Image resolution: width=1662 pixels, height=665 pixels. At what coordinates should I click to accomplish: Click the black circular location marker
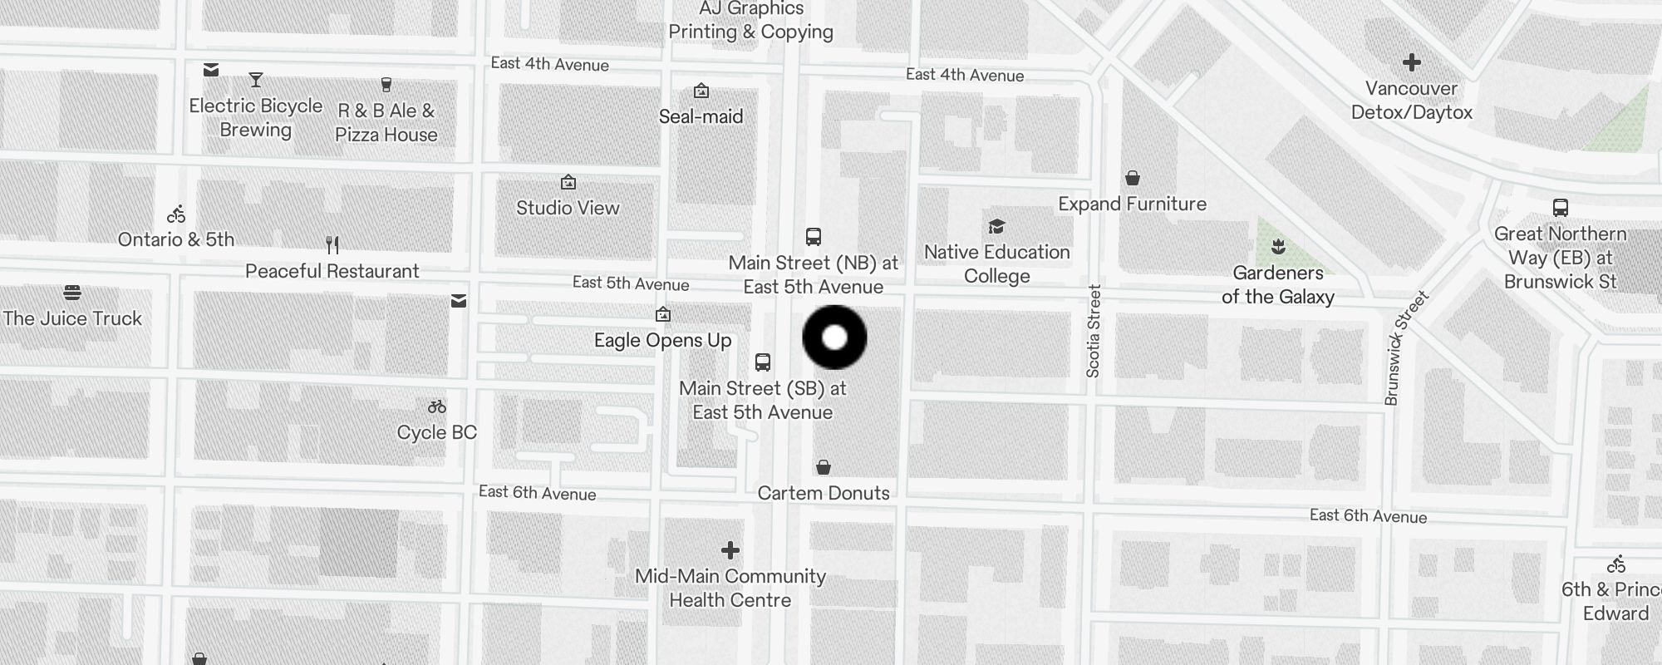coord(834,337)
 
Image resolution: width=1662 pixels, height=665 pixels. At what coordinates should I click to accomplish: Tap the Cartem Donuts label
coord(824,493)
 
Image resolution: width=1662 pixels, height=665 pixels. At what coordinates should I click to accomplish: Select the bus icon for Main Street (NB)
coord(814,237)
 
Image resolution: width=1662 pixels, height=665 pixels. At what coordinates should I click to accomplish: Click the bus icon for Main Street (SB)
coord(763,362)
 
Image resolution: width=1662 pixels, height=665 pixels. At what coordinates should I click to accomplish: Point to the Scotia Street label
coord(1094,331)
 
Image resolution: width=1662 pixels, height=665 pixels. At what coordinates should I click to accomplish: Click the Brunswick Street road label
coord(1406,347)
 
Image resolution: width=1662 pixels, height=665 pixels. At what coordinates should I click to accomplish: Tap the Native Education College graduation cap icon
coord(996,227)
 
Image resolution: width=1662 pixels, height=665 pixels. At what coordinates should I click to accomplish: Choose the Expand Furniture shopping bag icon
coord(1132,178)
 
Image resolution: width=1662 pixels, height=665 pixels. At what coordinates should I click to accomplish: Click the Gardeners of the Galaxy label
coord(1277,284)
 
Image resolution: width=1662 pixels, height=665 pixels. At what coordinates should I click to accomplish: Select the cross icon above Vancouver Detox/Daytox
coord(1411,62)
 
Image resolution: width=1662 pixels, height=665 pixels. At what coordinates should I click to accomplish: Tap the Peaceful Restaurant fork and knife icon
coord(332,245)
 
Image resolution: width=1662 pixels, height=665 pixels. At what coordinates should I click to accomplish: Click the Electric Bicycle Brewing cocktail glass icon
coord(256,80)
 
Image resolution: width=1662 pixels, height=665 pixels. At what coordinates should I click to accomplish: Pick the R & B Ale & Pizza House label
coord(386,122)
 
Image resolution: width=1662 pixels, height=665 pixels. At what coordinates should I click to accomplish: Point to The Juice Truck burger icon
coord(72,293)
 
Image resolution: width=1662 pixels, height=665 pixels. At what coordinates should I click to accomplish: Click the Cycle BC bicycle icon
coord(437,406)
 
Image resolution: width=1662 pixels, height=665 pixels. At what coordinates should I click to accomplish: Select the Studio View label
coord(568,208)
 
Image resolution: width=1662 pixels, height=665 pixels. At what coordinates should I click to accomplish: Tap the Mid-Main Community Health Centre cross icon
coord(730,550)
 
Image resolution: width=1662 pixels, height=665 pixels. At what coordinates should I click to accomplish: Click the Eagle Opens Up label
coord(662,340)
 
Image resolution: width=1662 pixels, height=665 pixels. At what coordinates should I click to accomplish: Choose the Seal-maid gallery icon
coord(701,91)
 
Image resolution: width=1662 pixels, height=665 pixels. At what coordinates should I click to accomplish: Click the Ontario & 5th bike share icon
coord(176,214)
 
